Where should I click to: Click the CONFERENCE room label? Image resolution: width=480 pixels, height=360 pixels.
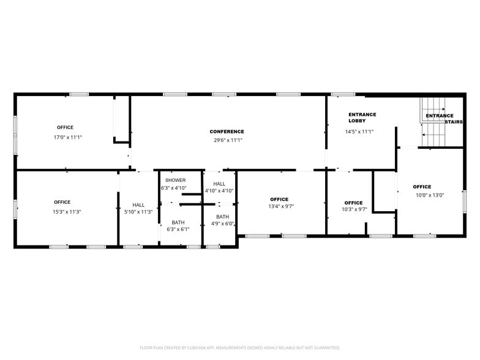click(227, 132)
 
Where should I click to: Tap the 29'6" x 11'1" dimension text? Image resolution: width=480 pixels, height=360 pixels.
click(227, 140)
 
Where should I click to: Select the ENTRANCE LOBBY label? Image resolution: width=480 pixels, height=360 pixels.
click(362, 118)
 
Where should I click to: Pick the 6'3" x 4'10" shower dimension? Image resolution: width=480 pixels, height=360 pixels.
click(174, 188)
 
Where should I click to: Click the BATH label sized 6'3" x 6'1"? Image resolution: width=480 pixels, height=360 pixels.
click(178, 222)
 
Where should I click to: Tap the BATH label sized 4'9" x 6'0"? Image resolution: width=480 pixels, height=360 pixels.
click(222, 217)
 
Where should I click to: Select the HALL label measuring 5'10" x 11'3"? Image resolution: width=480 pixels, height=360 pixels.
click(138, 205)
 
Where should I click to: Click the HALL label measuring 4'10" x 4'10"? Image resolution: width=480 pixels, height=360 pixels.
click(219, 184)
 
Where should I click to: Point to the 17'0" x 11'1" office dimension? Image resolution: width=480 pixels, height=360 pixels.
click(67, 137)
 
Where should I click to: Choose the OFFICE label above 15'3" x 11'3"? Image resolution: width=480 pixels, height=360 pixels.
click(62, 202)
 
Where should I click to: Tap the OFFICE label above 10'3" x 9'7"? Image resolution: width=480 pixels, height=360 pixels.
click(353, 203)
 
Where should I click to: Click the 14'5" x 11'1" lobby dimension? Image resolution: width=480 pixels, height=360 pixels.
click(359, 132)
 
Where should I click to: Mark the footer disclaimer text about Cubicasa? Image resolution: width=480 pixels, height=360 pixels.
click(240, 347)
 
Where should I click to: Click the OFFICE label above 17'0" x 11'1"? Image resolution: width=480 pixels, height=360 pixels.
click(65, 127)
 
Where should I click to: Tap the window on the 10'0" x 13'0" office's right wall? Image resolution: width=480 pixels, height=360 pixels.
click(465, 201)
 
